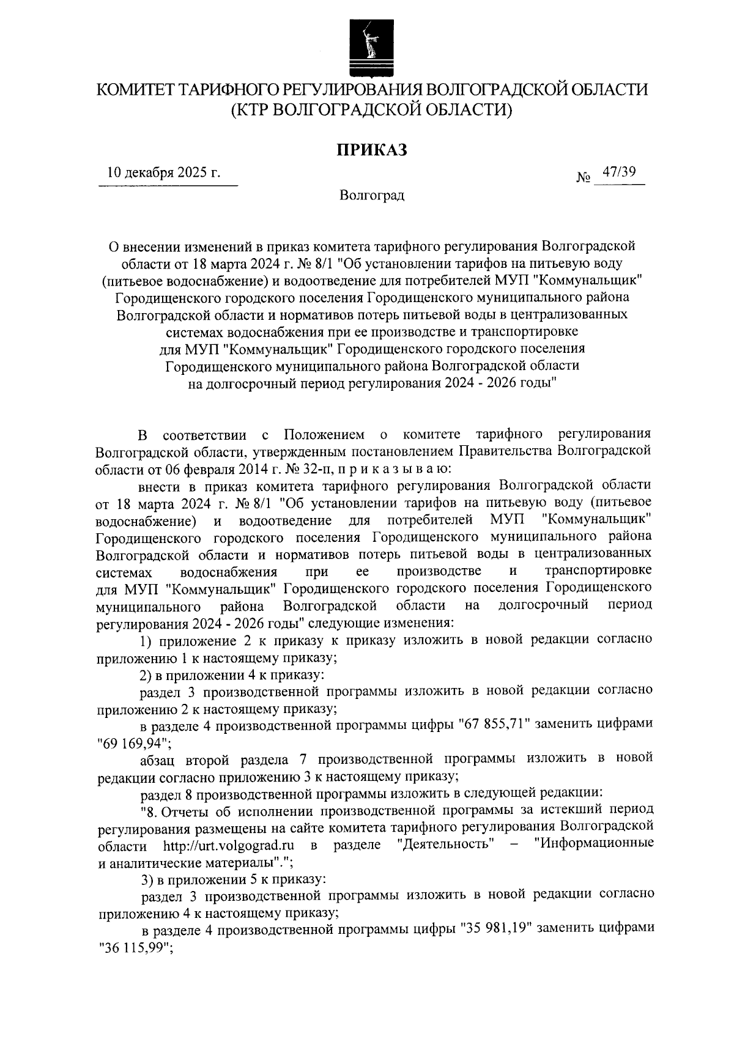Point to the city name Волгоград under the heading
pyautogui.click(x=373, y=196)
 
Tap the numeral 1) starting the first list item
pyautogui.click(x=146, y=640)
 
